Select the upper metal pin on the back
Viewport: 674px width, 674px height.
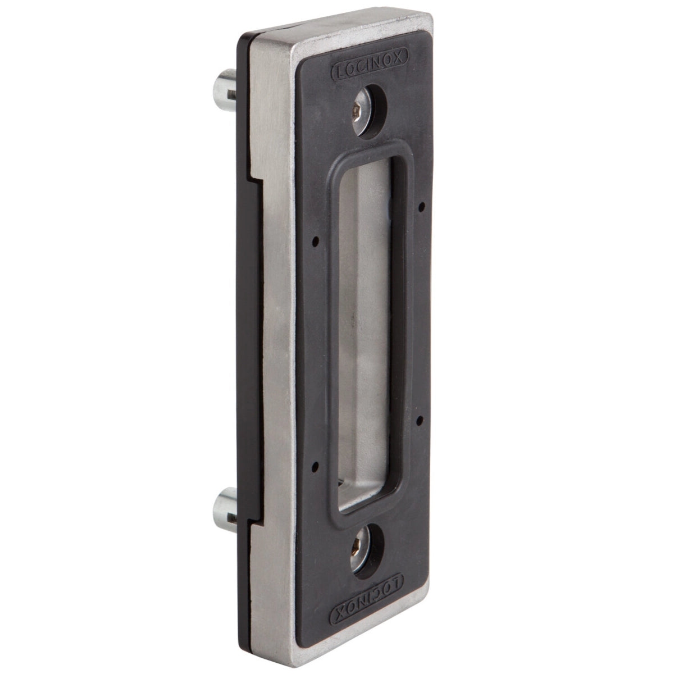tap(225, 90)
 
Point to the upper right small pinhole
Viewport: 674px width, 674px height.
tap(422, 207)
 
